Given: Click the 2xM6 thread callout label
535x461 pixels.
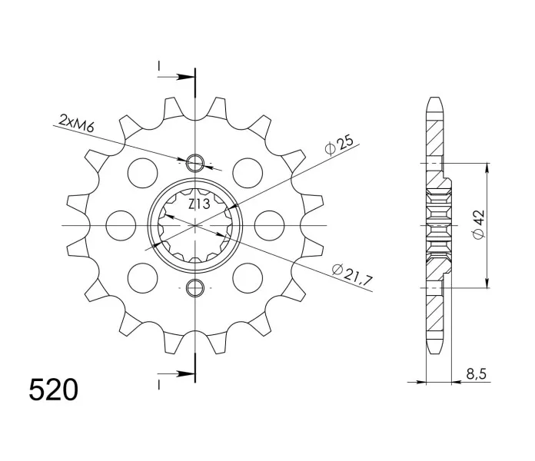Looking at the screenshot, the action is (76, 123).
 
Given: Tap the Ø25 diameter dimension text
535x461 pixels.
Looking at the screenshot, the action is (339, 145).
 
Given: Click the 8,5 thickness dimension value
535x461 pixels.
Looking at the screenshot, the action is (476, 374).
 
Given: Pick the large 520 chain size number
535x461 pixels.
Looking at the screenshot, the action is (54, 390).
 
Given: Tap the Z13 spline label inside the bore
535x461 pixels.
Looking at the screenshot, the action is (199, 204).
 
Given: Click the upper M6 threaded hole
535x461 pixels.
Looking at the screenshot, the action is (194, 163).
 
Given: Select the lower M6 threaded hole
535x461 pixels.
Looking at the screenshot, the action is (194, 288).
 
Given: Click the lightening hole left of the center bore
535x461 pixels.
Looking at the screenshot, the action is (121, 226).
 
